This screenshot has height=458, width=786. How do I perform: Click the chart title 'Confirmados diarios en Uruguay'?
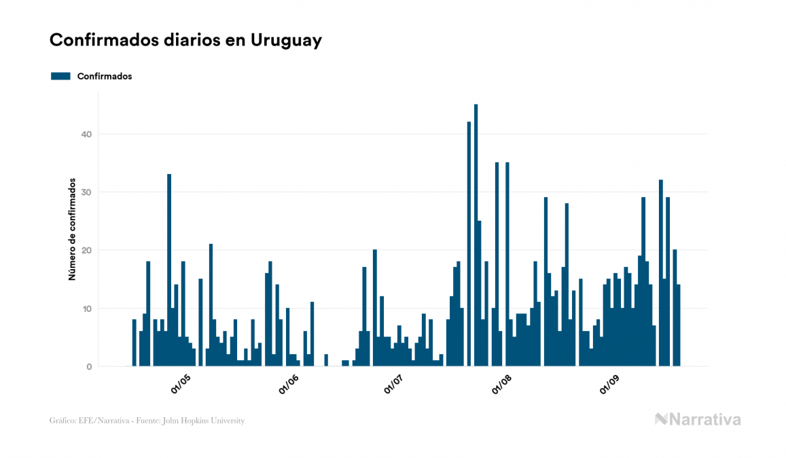185,40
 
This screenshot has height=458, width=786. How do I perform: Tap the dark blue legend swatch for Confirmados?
60,76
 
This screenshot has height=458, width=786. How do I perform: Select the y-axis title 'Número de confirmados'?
71,230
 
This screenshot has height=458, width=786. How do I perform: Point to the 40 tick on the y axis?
85,135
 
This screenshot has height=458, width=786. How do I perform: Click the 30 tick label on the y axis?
85,192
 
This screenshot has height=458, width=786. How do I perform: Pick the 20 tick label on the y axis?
85,251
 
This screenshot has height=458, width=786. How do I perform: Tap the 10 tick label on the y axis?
85,309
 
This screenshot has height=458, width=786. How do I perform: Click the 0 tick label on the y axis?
88,367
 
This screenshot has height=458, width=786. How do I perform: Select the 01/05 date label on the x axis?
181,384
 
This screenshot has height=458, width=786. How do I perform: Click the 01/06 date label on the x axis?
288,384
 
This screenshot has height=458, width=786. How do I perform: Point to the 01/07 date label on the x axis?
393,384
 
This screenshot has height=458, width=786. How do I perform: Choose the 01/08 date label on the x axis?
501,384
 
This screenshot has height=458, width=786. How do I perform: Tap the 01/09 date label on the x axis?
609,384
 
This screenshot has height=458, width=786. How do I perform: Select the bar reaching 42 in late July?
469,244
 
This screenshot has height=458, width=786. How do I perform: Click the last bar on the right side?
678,325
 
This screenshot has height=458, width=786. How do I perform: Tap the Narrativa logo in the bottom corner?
698,419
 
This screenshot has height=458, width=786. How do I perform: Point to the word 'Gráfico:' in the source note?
62,421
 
